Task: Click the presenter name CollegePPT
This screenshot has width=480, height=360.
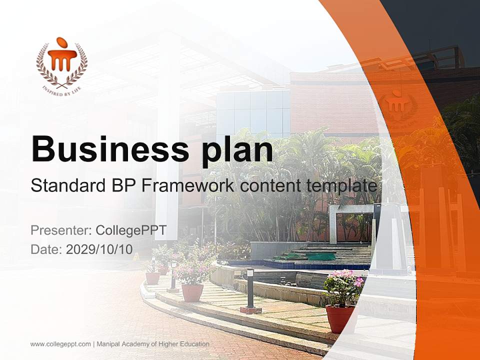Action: pos(130,230)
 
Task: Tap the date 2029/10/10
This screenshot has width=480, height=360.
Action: pos(99,249)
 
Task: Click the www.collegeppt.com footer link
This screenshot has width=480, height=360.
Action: pos(60,344)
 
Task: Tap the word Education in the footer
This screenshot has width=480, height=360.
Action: pos(194,344)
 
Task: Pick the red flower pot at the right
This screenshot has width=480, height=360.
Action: pos(339,318)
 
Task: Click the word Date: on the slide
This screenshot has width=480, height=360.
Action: pos(46,249)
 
